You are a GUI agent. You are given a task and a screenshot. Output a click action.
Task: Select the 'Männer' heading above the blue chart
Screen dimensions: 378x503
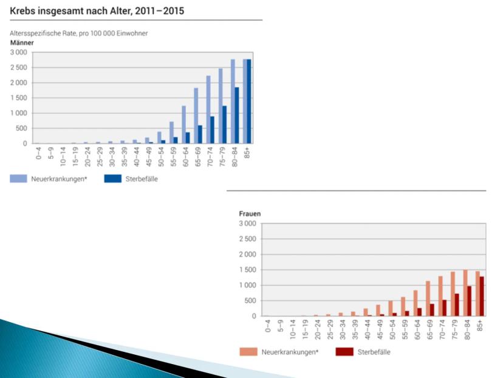coord(22,43)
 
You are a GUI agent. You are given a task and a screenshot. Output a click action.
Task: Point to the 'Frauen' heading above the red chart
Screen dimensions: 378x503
coord(248,214)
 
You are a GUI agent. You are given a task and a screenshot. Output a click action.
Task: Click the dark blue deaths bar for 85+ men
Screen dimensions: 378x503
coord(249,101)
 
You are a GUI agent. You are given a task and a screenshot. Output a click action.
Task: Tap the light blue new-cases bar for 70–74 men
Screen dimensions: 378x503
coord(208,110)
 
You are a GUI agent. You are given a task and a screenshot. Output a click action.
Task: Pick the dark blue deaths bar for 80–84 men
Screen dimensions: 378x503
coord(236,115)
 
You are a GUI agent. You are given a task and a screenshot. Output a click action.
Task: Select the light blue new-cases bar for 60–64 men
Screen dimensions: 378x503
coord(183,125)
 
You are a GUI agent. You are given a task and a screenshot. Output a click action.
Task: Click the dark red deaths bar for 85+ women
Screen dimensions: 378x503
coord(482,296)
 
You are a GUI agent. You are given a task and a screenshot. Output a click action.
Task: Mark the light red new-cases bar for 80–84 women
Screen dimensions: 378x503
coord(465,293)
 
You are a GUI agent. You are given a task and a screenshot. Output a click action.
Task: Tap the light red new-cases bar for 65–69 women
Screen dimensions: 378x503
coord(428,298)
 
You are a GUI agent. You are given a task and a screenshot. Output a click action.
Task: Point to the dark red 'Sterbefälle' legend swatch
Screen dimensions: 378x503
coord(344,351)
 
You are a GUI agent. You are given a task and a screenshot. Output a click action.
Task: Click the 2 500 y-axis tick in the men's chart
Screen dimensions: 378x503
coord(18,68)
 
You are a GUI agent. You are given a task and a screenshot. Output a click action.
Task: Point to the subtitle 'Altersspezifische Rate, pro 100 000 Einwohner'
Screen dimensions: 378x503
coord(79,33)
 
